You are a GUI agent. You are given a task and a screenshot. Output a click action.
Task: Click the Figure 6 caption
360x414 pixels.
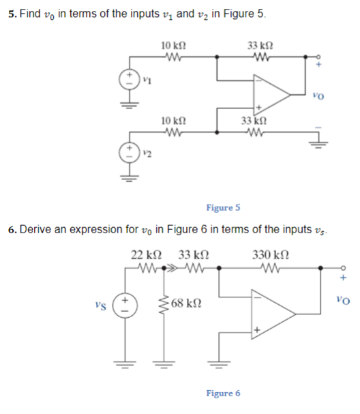[x=223, y=394]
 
